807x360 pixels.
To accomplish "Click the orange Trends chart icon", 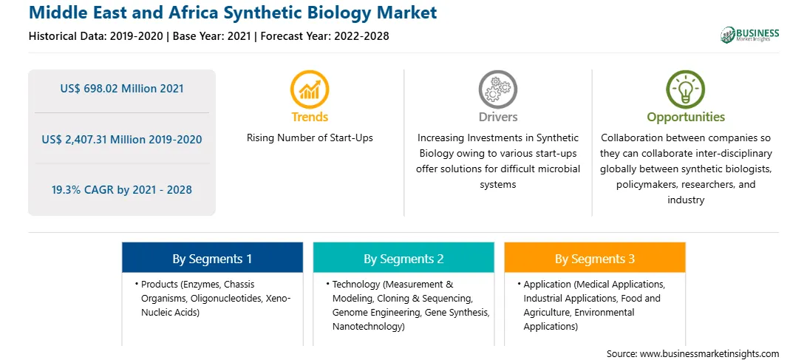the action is [310, 89].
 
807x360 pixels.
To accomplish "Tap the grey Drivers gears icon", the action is [497, 89].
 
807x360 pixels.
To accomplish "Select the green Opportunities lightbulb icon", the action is [686, 89].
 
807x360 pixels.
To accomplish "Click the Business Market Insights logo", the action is [749, 35].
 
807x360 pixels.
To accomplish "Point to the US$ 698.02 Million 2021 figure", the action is [122, 89].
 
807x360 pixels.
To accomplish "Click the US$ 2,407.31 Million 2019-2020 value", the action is [122, 139].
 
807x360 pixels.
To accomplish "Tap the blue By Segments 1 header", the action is [213, 257].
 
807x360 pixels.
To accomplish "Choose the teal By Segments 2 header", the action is [403, 257].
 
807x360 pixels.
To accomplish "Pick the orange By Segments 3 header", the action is [595, 257].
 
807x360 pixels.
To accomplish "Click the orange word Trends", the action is [310, 117].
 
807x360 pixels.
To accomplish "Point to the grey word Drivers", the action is [498, 117].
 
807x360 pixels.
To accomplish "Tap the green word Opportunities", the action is [686, 118].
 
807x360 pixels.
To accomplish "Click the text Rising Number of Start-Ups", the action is [310, 138].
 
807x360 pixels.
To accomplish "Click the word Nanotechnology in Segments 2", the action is [367, 327].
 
